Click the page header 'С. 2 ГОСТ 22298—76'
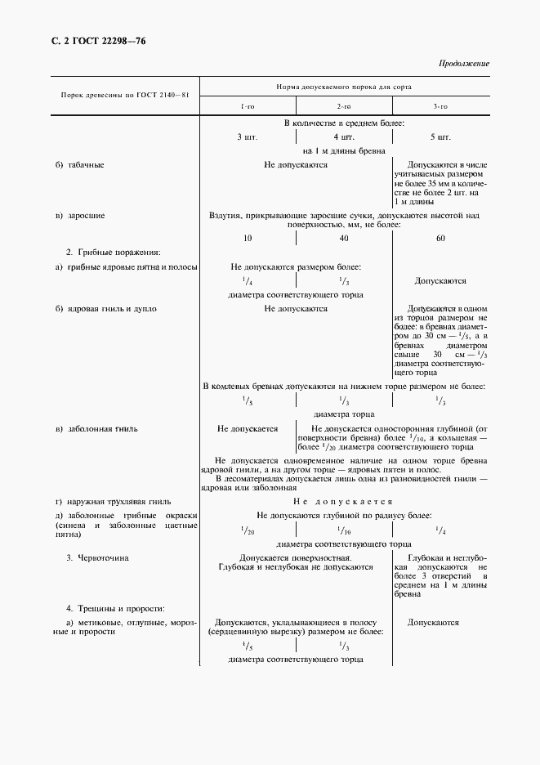click(x=92, y=41)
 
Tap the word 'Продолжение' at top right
click(x=464, y=63)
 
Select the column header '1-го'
click(x=247, y=107)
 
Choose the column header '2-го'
click(x=343, y=107)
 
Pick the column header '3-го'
click(x=440, y=107)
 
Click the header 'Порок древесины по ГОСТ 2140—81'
click(x=126, y=96)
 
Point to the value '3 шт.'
click(x=247, y=136)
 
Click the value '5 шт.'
click(x=440, y=136)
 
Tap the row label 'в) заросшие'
click(x=79, y=216)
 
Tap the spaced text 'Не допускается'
click(x=343, y=501)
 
